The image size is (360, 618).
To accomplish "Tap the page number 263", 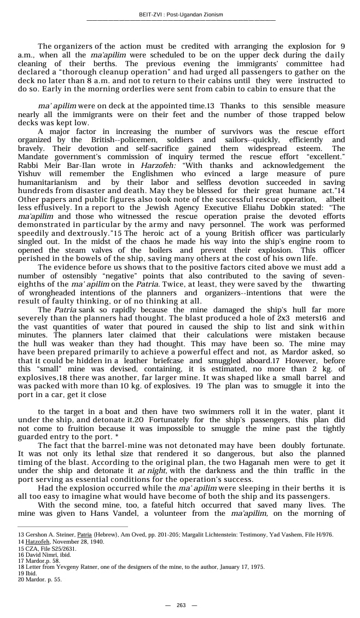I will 181,605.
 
